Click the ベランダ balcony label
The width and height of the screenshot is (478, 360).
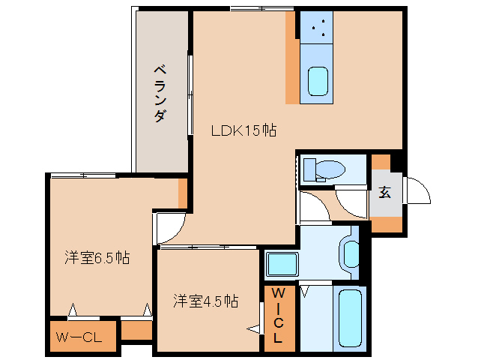coord(160,94)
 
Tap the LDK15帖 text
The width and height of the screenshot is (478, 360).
coord(243,130)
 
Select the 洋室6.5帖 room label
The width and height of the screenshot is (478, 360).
coord(97,258)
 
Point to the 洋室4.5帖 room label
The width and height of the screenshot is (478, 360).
coord(205,301)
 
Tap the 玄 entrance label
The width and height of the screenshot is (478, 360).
coord(384,191)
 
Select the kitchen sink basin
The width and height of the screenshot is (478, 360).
coord(318,81)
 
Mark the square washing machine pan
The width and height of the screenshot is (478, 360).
coord(282,265)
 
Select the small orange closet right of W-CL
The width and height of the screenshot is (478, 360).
coord(136,330)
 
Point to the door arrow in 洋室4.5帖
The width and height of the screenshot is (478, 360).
coord(254,328)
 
